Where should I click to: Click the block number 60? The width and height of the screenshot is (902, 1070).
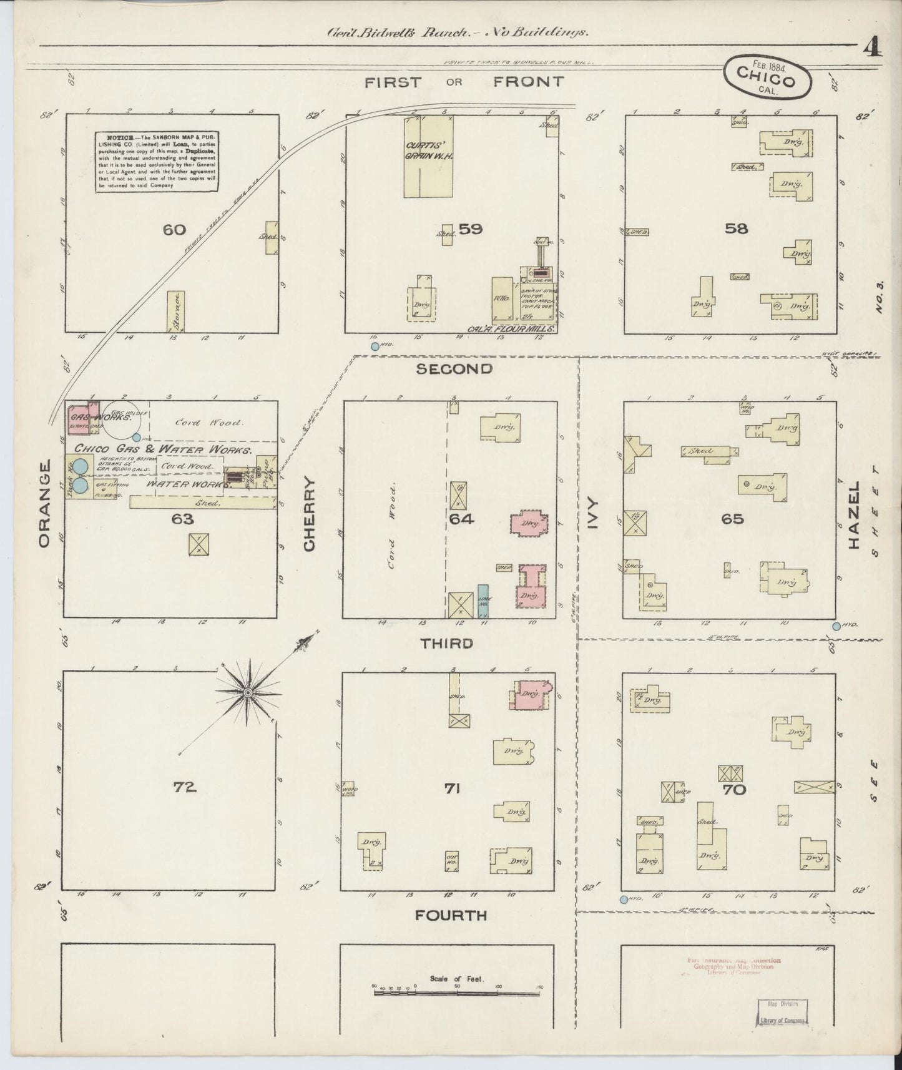(x=174, y=230)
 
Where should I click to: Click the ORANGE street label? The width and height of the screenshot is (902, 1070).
(x=44, y=504)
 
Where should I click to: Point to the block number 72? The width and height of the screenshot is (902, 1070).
(x=185, y=787)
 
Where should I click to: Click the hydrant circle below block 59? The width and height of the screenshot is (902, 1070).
(x=375, y=346)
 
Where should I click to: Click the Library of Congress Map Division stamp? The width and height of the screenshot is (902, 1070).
(x=783, y=1011)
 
